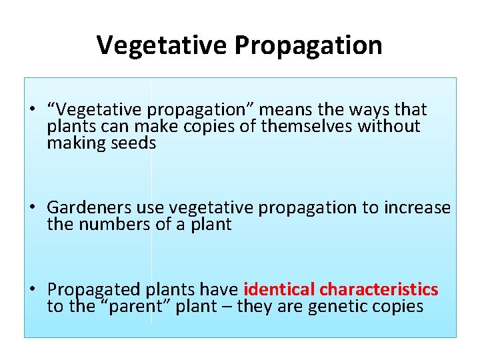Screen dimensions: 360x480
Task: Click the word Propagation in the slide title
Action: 308,45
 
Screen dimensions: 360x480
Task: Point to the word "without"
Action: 389,127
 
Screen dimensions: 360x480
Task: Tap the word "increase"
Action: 417,208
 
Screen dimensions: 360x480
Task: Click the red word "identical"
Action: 279,290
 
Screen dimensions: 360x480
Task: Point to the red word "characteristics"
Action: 379,290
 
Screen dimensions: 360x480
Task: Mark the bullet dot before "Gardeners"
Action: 32,208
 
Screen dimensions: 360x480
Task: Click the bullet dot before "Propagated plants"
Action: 32,290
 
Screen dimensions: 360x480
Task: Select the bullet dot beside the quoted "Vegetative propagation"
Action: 32,110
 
